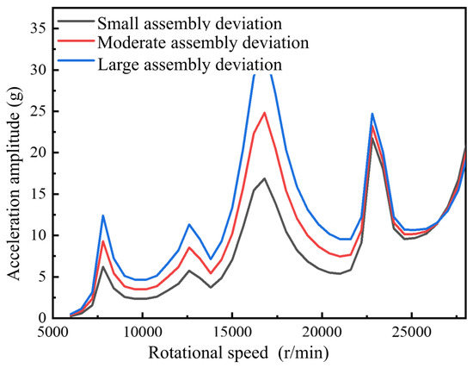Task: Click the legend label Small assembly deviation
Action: coord(190,24)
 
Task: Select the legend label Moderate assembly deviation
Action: coord(203,43)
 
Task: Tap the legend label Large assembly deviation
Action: coord(190,65)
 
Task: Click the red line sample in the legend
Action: coord(76,41)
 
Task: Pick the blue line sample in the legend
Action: coord(76,61)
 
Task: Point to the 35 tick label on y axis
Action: coord(40,28)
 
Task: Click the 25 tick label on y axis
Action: coord(40,111)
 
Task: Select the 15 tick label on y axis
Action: coord(40,194)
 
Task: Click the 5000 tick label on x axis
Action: coord(52,333)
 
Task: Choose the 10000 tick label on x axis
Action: coord(142,333)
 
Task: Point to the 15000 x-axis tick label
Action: coord(232,333)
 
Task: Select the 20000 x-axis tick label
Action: coord(322,333)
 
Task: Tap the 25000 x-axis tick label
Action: coord(412,333)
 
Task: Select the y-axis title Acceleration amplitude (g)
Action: coord(14,184)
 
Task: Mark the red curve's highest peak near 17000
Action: coord(265,113)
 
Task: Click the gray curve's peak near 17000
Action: coord(265,178)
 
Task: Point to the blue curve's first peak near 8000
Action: coord(103,215)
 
